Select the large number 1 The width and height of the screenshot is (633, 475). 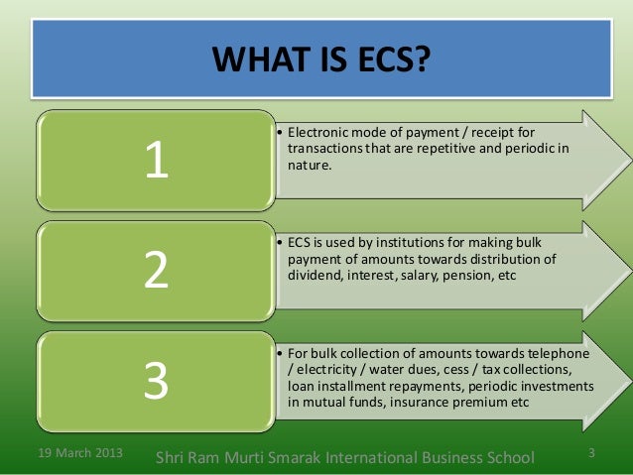coord(155,163)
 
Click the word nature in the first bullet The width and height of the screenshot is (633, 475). coord(304,167)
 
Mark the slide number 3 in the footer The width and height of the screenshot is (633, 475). coord(591,454)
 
